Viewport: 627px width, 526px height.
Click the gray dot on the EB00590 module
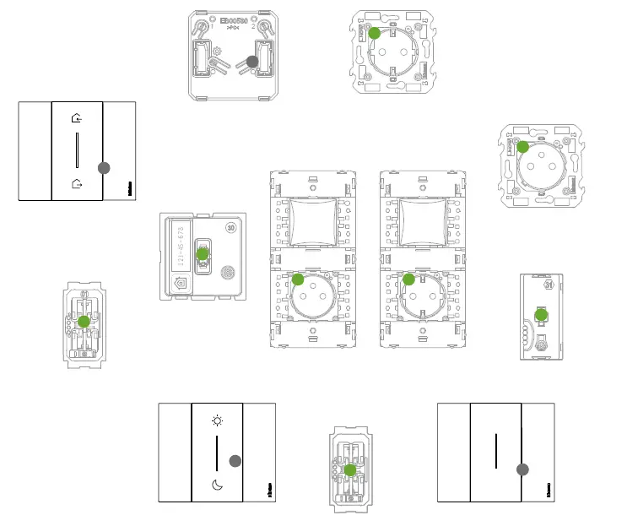pos(251,62)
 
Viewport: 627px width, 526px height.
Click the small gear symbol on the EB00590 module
pos(219,52)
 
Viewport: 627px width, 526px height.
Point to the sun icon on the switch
pos(218,420)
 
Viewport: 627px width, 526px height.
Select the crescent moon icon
pos(218,485)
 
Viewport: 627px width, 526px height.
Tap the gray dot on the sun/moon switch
pos(235,460)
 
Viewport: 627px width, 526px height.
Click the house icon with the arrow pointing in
pos(77,119)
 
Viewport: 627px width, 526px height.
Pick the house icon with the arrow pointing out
pos(77,182)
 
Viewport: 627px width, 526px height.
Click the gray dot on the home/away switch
pos(104,168)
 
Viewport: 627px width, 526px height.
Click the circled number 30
pos(231,227)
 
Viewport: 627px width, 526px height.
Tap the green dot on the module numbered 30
pos(203,253)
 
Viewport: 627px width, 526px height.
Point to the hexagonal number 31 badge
pos(549,285)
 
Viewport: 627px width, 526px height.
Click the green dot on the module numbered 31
pos(542,315)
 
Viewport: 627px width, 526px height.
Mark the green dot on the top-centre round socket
pos(375,34)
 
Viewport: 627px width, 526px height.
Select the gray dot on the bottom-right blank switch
pos(523,469)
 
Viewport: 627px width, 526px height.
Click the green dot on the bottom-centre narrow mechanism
pos(350,469)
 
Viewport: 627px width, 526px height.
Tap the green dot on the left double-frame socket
pos(298,279)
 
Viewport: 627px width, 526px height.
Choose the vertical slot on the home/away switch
pos(77,151)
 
